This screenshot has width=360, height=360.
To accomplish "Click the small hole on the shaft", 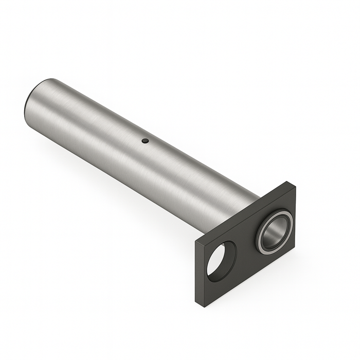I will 146,140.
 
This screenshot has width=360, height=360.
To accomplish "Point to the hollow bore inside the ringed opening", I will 274,235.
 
